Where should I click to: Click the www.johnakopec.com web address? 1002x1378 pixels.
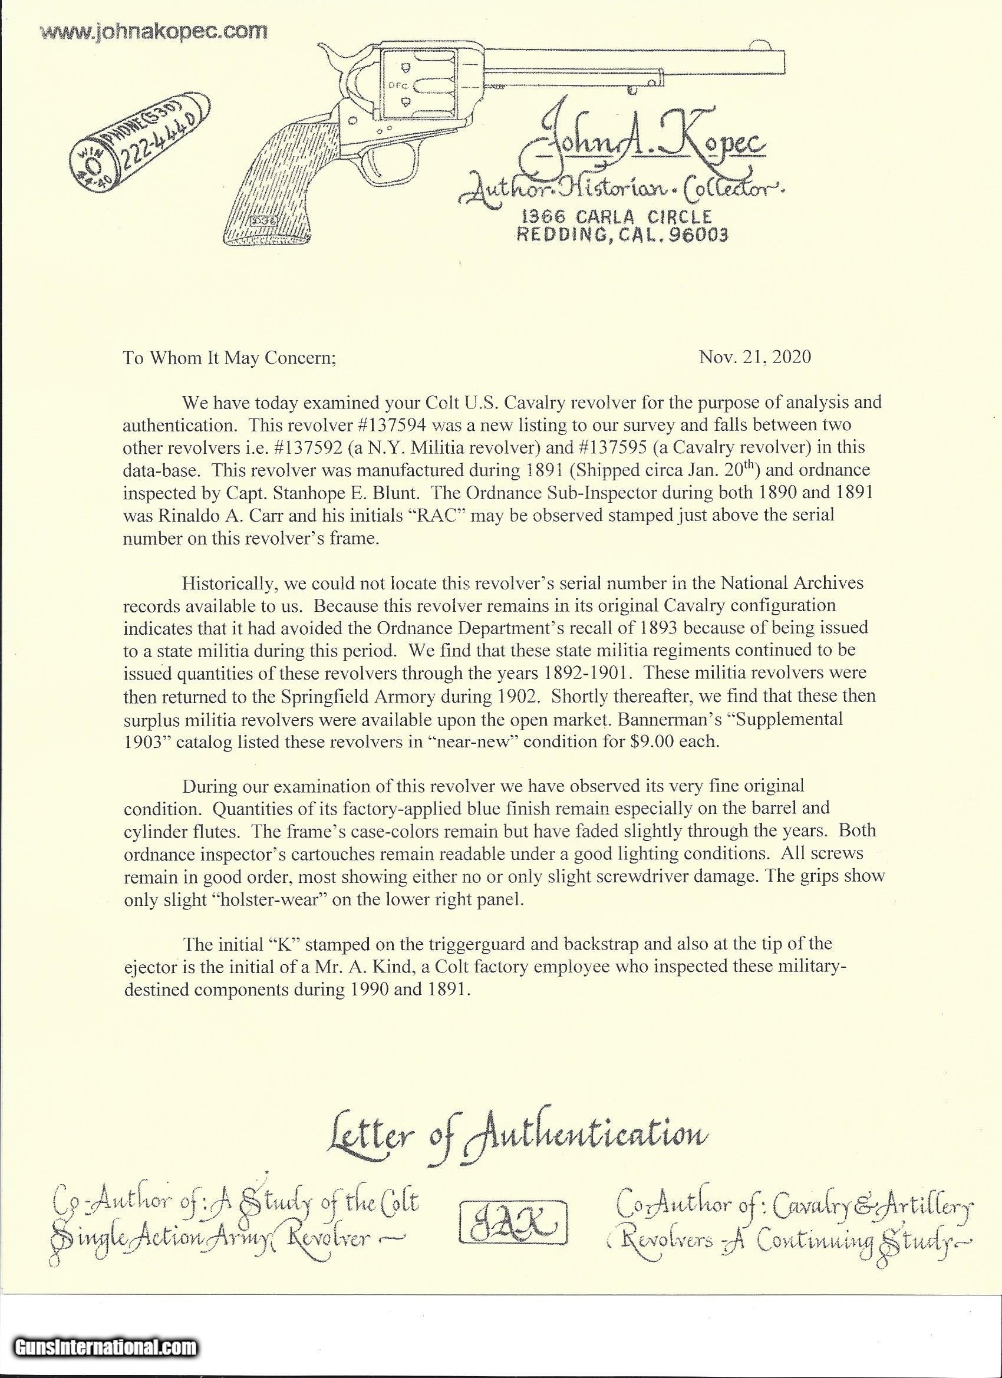[153, 31]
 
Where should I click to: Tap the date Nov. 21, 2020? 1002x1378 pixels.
[754, 357]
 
